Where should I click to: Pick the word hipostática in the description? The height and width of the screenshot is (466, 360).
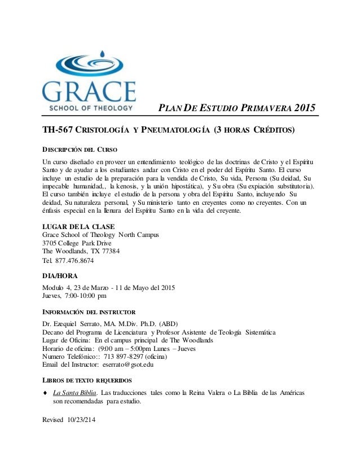183,187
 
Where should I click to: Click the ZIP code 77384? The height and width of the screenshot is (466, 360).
107,251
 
